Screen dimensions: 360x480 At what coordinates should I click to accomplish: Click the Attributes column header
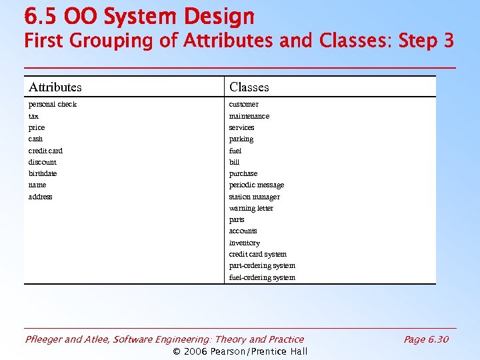[x=55, y=87]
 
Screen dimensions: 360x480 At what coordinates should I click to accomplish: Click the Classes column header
[x=249, y=87]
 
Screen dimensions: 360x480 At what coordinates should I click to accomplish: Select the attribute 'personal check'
[x=52, y=104]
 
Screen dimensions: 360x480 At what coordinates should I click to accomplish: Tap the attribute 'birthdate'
[x=43, y=173]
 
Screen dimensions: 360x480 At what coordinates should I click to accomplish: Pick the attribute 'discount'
[x=42, y=162]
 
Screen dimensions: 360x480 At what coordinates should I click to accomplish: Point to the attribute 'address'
[x=40, y=197]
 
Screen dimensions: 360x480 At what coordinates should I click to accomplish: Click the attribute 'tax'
[x=33, y=116]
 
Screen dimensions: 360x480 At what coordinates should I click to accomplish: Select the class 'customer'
[x=243, y=104]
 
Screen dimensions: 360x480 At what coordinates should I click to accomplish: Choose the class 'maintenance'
[x=249, y=116]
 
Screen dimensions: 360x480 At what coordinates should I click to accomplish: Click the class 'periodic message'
[x=256, y=185]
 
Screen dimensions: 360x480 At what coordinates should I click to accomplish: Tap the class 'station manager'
[x=254, y=197]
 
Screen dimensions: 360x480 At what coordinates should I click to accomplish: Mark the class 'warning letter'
[x=251, y=208]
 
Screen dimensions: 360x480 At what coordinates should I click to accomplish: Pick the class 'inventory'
[x=244, y=243]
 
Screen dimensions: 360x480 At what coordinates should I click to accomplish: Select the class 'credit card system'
[x=257, y=254]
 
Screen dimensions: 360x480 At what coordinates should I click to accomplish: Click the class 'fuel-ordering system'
[x=261, y=277]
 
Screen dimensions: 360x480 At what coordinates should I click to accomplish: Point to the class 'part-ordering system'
[x=261, y=265]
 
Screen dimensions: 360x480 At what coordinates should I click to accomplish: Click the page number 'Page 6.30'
[x=426, y=339]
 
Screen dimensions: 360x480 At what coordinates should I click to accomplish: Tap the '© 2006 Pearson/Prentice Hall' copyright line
[x=240, y=351]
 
